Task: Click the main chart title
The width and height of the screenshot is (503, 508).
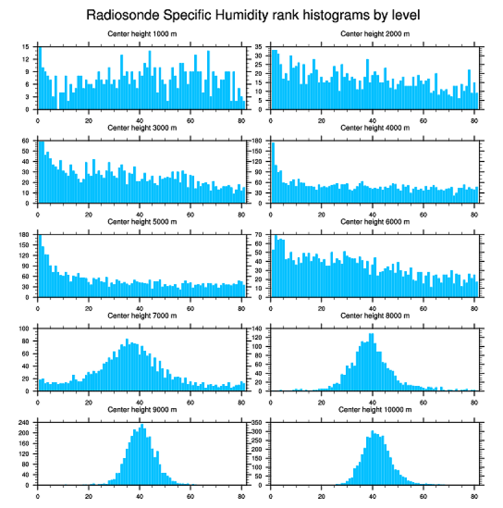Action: click(252, 14)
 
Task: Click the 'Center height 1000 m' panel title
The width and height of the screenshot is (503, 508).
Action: click(142, 33)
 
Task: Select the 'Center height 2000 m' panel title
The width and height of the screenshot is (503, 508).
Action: click(375, 33)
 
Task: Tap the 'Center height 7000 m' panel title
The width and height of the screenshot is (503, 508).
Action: click(142, 316)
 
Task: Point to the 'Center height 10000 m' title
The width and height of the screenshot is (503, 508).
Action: click(375, 409)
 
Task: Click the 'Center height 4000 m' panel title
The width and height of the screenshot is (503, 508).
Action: click(375, 128)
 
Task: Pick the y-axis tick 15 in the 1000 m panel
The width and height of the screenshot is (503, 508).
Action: click(25, 47)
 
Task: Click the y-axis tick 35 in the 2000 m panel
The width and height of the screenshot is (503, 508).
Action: click(259, 47)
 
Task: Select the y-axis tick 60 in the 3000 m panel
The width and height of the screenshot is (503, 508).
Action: click(25, 141)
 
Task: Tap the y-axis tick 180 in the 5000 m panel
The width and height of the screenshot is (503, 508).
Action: click(24, 235)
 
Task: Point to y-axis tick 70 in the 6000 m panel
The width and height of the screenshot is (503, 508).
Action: click(259, 235)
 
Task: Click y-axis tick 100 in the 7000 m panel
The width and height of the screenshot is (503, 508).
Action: click(24, 329)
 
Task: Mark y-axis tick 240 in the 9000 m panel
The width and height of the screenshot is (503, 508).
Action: click(24, 423)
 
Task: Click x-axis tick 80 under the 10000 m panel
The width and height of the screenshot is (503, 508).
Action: click(474, 494)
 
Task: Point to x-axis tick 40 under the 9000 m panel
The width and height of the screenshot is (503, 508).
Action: click(140, 494)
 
